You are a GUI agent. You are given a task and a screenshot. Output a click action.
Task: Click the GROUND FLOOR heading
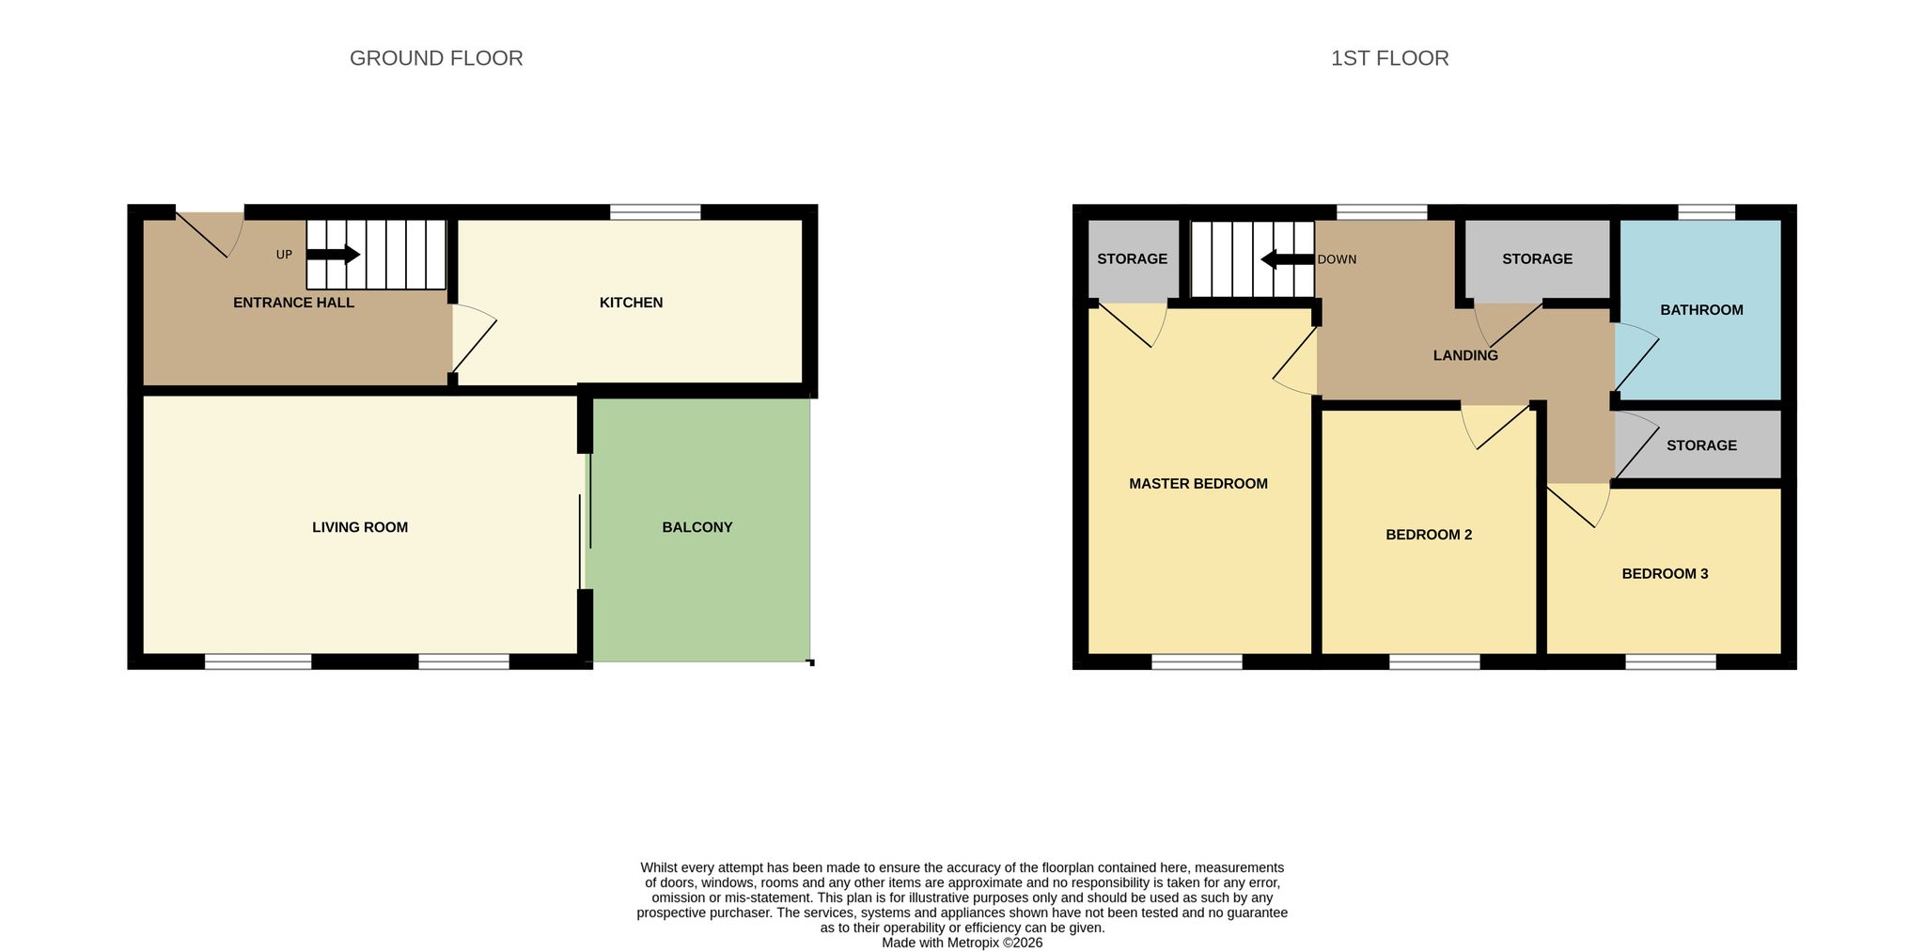(436, 58)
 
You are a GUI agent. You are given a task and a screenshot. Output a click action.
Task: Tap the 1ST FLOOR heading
(1389, 58)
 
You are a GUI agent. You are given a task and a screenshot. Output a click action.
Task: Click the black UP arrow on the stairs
(334, 255)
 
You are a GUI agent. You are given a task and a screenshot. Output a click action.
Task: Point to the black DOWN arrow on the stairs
(1288, 259)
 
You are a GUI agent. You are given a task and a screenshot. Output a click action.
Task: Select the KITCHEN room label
(632, 303)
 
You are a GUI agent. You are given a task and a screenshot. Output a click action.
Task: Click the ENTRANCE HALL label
(293, 303)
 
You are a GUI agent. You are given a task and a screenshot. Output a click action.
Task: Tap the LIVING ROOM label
(360, 527)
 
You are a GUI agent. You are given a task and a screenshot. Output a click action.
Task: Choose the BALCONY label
(697, 527)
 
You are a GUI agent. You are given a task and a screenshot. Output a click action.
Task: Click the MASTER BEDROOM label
(1198, 484)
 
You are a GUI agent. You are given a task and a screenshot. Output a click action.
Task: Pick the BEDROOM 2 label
(1429, 535)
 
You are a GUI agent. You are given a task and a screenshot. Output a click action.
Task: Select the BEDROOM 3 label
(1665, 573)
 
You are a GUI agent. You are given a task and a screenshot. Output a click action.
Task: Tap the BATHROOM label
(1701, 310)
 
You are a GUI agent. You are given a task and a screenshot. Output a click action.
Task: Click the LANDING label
(1465, 355)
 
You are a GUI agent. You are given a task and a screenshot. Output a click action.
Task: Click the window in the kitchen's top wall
(655, 212)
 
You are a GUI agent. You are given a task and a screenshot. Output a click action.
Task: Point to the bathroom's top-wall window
(1707, 212)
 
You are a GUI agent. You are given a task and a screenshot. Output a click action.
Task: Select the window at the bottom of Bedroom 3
(1671, 662)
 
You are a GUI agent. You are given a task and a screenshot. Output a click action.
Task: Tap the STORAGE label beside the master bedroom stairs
(1133, 259)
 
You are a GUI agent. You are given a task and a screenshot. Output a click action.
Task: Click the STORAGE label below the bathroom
(1701, 445)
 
